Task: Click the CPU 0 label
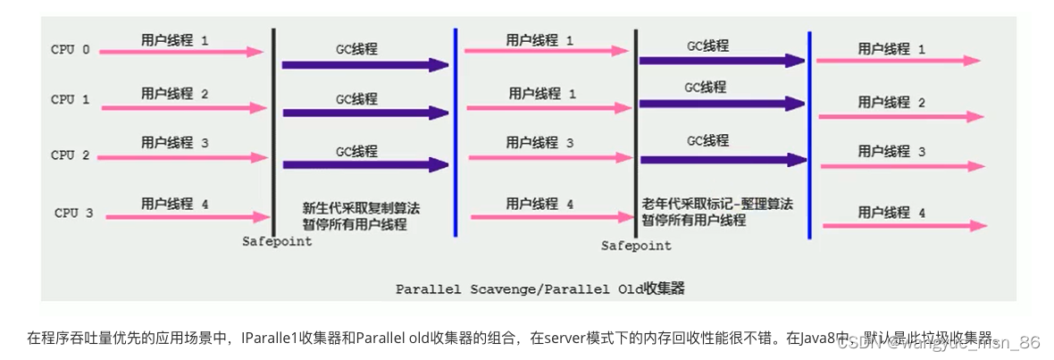[71, 50]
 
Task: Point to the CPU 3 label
[73, 213]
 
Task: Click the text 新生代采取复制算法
[360, 208]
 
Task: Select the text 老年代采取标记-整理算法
[716, 204]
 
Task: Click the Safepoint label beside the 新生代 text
[277, 242]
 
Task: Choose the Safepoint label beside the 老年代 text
[636, 245]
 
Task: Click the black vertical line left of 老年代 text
[635, 134]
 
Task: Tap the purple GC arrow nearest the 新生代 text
[364, 165]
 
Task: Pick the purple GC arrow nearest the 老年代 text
[723, 159]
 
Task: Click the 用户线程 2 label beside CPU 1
[174, 94]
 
